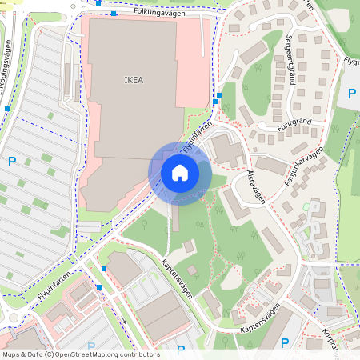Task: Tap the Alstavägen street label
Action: coord(255,185)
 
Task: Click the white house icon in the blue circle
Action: coord(180,173)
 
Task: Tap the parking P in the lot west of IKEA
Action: coord(12,162)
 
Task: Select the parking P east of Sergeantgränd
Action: coord(352,94)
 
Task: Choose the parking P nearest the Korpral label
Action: coord(285,344)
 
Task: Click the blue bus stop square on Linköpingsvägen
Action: coord(6,108)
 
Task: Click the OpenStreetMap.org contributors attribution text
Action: coord(107,354)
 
